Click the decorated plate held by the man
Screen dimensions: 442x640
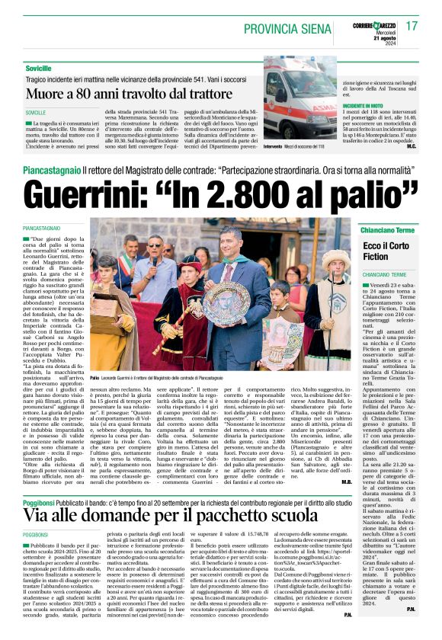click(x=226, y=306)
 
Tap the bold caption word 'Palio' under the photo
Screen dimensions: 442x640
click(x=96, y=377)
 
